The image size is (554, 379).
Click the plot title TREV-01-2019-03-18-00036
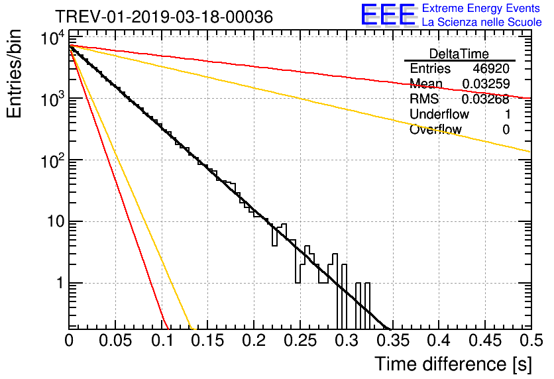pyautogui.click(x=164, y=17)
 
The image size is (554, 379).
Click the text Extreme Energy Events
pyautogui.click(x=482, y=9)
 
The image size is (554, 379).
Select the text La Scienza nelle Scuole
pyautogui.click(x=482, y=23)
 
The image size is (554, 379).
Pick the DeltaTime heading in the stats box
pyautogui.click(x=459, y=54)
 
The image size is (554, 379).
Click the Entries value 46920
pyautogui.click(x=491, y=69)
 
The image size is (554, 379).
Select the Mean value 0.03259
pyautogui.click(x=486, y=84)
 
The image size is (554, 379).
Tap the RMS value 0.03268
pyautogui.click(x=486, y=99)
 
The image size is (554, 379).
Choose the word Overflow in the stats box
pyautogui.click(x=435, y=130)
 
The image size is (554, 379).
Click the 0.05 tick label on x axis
pyautogui.click(x=115, y=340)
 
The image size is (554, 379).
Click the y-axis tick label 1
pyautogui.click(x=58, y=283)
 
